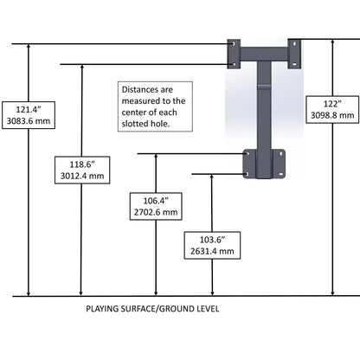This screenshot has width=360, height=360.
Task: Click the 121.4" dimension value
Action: [29, 110]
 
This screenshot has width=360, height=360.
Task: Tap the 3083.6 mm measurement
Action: [29, 121]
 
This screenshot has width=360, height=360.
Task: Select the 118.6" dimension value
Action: [82, 164]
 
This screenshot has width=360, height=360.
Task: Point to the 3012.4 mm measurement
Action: [82, 176]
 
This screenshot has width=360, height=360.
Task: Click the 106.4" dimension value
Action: [156, 201]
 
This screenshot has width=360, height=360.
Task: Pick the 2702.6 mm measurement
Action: [156, 212]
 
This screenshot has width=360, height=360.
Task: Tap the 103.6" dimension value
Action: [212, 240]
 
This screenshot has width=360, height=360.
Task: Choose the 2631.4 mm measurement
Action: [212, 251]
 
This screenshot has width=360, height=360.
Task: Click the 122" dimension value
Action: [332, 104]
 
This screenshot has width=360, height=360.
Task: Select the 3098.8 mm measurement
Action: [332, 115]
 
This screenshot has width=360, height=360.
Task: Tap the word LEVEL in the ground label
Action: [208, 309]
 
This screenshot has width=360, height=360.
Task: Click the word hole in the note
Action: [159, 124]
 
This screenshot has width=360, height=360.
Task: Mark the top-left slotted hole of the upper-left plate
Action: [233, 44]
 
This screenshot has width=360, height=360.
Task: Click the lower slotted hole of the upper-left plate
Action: [234, 64]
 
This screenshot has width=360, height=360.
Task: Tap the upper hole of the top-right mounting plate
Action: [294, 44]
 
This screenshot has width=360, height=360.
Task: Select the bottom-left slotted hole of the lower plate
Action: [247, 174]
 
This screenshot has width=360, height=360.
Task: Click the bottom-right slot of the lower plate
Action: [281, 174]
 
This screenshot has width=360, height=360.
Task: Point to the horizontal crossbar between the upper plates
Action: [264, 54]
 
